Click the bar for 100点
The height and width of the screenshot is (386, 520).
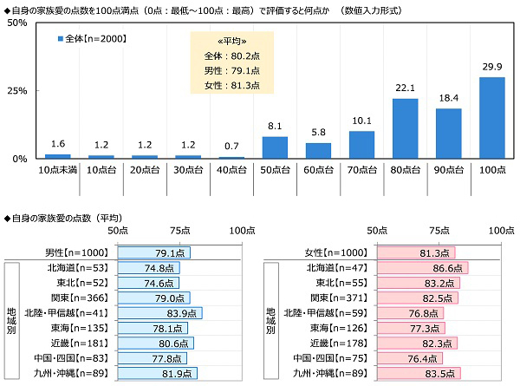pos(491,118)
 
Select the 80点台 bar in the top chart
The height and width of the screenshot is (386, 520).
pos(405,128)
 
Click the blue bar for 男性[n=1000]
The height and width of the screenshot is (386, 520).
pos(153,252)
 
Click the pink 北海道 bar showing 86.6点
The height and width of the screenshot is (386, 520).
pos(423,268)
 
